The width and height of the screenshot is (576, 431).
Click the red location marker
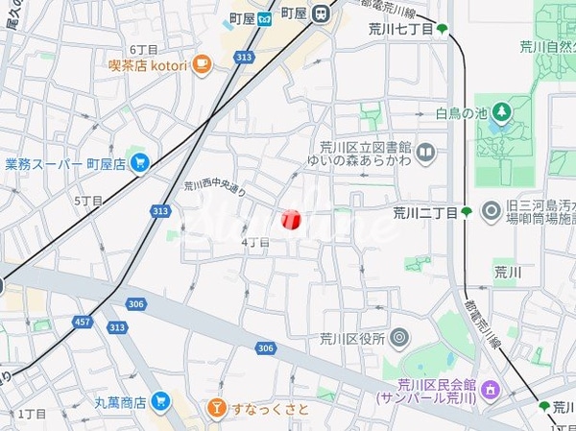(293, 220)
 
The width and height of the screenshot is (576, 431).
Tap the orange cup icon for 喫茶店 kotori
(201, 64)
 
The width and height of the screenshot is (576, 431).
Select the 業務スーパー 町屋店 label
(65, 164)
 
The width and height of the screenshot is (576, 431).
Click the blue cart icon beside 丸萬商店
(161, 401)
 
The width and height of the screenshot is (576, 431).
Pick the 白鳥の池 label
(455, 113)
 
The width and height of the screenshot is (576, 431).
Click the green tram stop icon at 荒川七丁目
(442, 30)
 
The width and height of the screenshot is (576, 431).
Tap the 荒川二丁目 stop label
(424, 211)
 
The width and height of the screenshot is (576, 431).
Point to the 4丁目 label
(254, 243)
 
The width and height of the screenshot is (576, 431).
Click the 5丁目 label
(87, 201)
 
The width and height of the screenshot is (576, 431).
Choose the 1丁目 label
(32, 413)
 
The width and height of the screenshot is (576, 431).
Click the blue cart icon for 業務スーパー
(141, 162)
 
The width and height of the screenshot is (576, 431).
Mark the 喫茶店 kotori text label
(152, 65)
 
